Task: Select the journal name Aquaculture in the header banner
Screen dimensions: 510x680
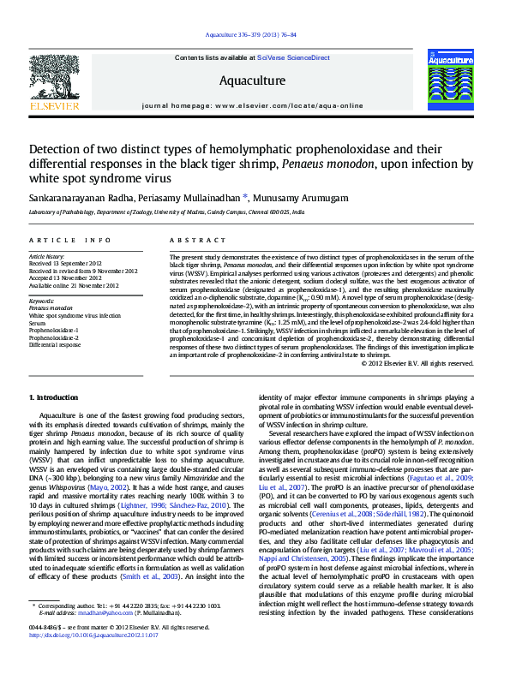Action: pyautogui.click(x=252, y=81)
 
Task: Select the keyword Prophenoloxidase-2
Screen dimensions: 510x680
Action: pyautogui.click(x=54, y=337)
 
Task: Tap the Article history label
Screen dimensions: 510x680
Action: pyautogui.click(x=47, y=257)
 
